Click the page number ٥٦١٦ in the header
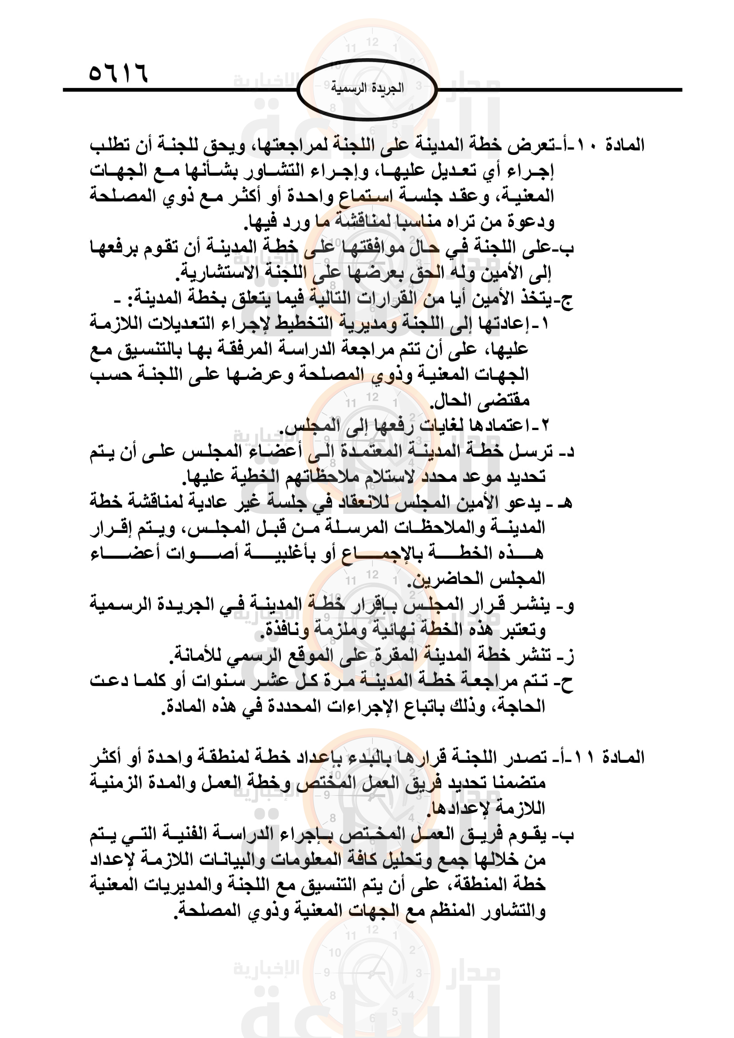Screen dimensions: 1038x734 pos(118,73)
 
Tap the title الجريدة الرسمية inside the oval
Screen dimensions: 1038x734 pos(367,88)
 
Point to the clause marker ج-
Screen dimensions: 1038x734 pos(566,299)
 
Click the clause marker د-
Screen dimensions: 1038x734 pos(567,452)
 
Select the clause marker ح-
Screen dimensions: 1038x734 pos(567,681)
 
